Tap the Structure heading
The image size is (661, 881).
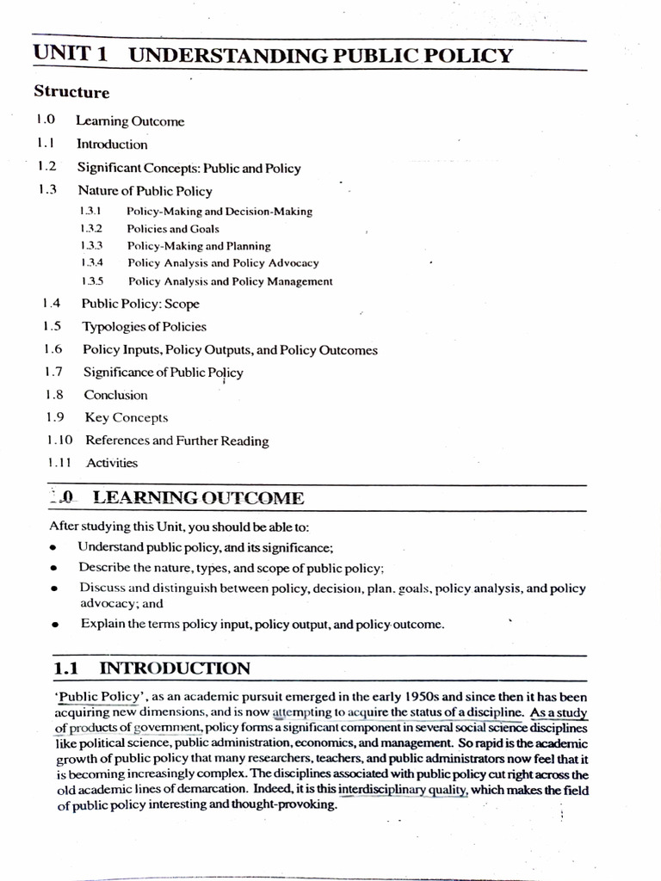[x=71, y=92]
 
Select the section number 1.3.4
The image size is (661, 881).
[x=91, y=263]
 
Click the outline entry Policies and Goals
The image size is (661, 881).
[x=173, y=229]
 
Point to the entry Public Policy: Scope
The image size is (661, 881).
[x=140, y=304]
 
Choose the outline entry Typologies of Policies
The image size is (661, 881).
[x=145, y=327]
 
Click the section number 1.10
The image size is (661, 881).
[x=60, y=440]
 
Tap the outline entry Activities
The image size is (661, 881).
[x=112, y=463]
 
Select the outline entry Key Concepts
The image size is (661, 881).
[x=127, y=418]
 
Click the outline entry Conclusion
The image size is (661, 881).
[x=115, y=396]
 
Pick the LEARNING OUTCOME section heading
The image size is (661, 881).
[x=198, y=498]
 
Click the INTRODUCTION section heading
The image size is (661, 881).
[x=175, y=668]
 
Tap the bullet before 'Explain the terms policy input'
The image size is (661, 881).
[x=54, y=625]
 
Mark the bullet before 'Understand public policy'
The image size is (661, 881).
[x=54, y=548]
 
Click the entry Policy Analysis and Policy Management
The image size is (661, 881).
[x=230, y=281]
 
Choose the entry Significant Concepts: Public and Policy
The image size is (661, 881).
[x=189, y=169]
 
